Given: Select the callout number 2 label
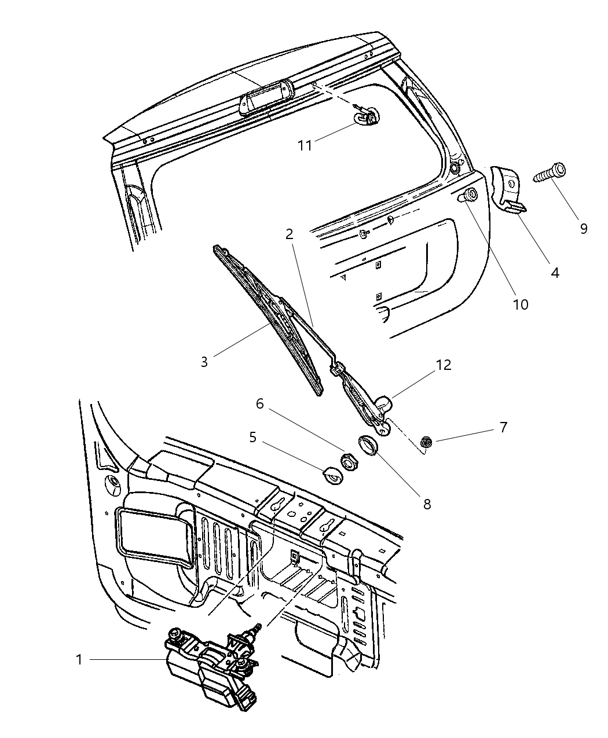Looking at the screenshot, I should pyautogui.click(x=289, y=234).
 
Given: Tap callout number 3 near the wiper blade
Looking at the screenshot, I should pyautogui.click(x=204, y=362).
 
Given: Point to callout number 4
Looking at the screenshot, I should pyautogui.click(x=555, y=272).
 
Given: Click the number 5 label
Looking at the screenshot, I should pyautogui.click(x=252, y=437).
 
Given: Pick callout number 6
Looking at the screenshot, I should pyautogui.click(x=260, y=403).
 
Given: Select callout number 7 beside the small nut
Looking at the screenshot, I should pyautogui.click(x=503, y=428).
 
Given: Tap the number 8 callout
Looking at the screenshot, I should pyautogui.click(x=427, y=504).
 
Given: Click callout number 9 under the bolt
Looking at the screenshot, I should pyautogui.click(x=583, y=228).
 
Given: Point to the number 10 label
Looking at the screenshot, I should pyautogui.click(x=521, y=304).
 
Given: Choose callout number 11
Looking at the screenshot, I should pyautogui.click(x=305, y=145).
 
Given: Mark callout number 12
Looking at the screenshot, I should pyautogui.click(x=444, y=365).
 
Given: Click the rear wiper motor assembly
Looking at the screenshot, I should pyautogui.click(x=208, y=666).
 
